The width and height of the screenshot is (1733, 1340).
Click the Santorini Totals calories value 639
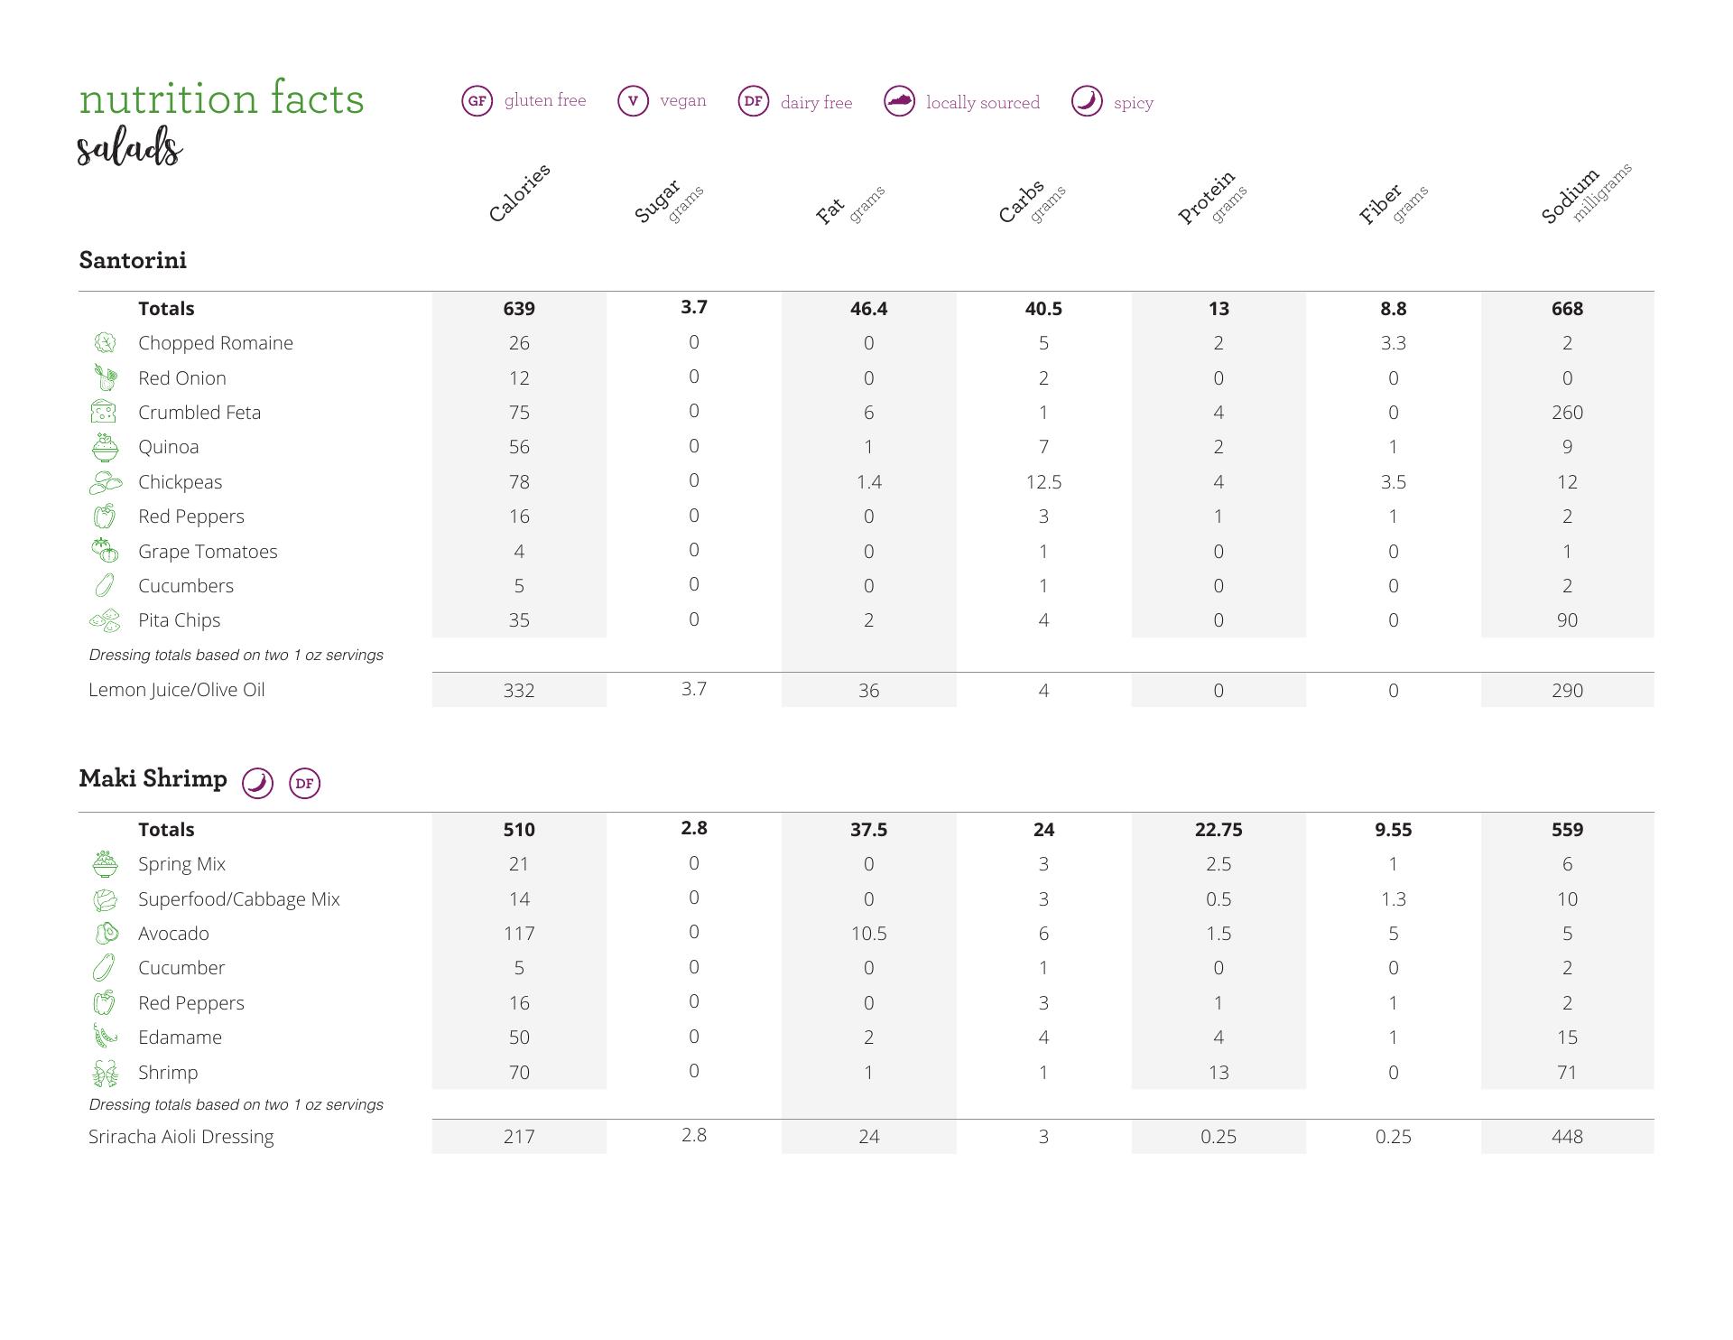[x=519, y=309]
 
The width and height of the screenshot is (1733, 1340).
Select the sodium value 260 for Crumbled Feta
[x=1567, y=413]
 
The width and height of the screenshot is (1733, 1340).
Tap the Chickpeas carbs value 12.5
[x=1043, y=482]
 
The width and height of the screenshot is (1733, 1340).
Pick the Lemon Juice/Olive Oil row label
[x=177, y=690]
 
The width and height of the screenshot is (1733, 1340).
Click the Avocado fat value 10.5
[x=868, y=934]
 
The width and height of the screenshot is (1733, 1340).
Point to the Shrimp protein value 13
[x=1219, y=1073]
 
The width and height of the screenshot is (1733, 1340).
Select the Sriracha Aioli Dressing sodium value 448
[x=1567, y=1137]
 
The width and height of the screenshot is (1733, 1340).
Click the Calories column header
[x=519, y=193]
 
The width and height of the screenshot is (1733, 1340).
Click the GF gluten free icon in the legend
[x=477, y=101]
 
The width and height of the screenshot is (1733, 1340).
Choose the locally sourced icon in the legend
[x=899, y=102]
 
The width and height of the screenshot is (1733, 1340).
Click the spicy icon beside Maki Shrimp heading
[x=258, y=782]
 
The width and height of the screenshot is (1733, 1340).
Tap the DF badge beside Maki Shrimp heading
[x=305, y=783]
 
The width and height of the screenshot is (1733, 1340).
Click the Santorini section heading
[x=133, y=260]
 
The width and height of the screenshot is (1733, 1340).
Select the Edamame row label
[x=180, y=1038]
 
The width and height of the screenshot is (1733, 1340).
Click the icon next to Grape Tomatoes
[x=105, y=551]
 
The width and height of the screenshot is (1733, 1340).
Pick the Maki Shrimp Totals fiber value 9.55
[x=1393, y=830]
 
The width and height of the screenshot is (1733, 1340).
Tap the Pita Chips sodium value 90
[x=1567, y=620]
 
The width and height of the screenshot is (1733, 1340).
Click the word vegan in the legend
[x=683, y=100]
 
